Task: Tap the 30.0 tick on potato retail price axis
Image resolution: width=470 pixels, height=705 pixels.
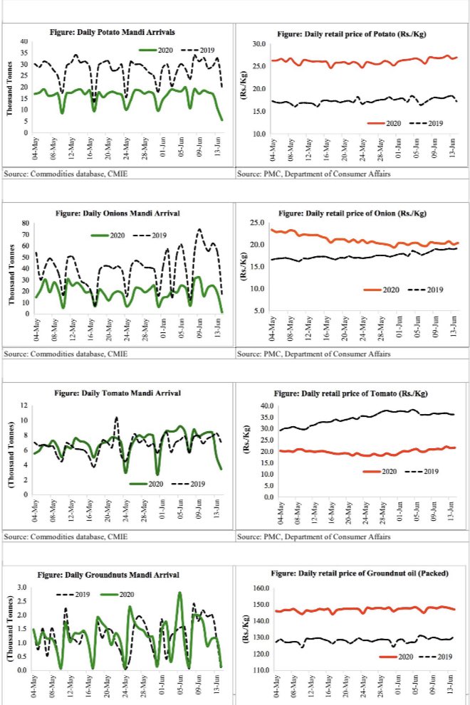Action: [259, 44]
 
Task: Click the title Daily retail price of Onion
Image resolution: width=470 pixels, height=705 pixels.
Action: [352, 213]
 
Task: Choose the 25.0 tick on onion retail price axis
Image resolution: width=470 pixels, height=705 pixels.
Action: [259, 223]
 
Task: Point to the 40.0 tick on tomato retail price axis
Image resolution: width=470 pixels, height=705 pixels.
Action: [259, 405]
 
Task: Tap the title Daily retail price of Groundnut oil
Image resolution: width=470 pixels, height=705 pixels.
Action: [352, 573]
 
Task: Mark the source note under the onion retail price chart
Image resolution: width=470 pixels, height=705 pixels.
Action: [313, 354]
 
